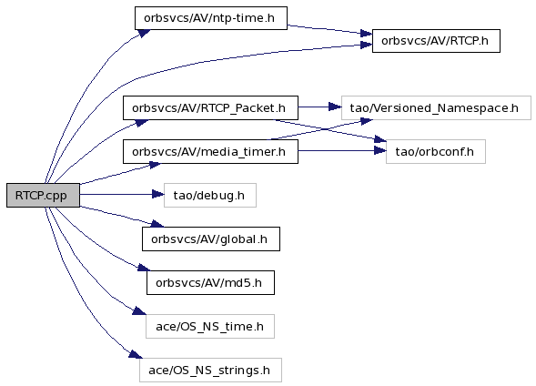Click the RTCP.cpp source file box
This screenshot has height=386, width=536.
click(x=43, y=195)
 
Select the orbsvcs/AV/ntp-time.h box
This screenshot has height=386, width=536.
click(x=211, y=18)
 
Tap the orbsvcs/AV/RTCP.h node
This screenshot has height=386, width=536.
click(x=436, y=41)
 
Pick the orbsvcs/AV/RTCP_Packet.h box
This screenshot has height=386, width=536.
click(x=210, y=107)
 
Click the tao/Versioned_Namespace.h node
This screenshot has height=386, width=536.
click(x=436, y=107)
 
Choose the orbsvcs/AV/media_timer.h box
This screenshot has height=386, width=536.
click(x=210, y=151)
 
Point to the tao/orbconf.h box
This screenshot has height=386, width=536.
click(x=436, y=151)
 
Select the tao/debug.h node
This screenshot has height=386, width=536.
click(x=210, y=195)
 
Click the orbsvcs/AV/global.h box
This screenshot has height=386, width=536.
click(x=211, y=239)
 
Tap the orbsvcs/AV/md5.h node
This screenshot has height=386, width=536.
click(x=210, y=283)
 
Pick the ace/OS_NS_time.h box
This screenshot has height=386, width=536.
click(x=210, y=327)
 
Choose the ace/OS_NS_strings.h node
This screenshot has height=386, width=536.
click(x=210, y=371)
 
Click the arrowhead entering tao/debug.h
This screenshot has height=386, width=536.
click(x=158, y=195)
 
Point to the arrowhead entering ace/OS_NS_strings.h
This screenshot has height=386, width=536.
click(x=136, y=354)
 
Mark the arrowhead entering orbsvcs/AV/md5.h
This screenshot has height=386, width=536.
click(x=144, y=268)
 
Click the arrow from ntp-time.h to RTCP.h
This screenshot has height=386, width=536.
click(x=329, y=29)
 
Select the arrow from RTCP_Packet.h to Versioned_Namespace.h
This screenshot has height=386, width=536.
click(x=319, y=107)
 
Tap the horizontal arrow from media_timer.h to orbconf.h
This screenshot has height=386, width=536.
click(x=342, y=150)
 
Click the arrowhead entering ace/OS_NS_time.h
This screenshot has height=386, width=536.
click(x=139, y=310)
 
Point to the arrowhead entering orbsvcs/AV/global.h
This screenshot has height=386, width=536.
click(x=157, y=224)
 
